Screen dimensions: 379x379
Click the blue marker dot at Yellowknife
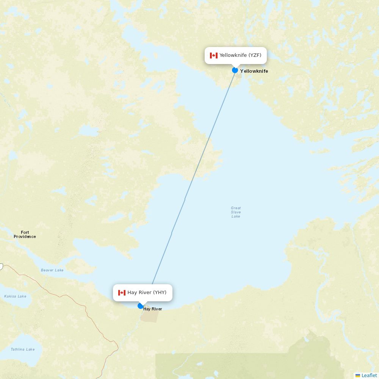pyautogui.click(x=235, y=70)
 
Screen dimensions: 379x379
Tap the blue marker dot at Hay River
pyautogui.click(x=141, y=306)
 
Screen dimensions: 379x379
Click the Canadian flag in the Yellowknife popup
pyautogui.click(x=214, y=55)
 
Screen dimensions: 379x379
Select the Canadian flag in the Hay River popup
pyautogui.click(x=122, y=293)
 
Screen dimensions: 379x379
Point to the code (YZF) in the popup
pyautogui.click(x=255, y=55)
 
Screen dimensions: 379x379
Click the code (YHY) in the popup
pyautogui.click(x=160, y=293)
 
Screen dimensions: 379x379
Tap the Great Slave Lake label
pyautogui.click(x=236, y=212)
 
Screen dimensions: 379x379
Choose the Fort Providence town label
pyautogui.click(x=25, y=235)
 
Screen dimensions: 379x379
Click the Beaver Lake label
pyautogui.click(x=52, y=270)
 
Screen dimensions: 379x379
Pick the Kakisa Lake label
pyautogui.click(x=15, y=296)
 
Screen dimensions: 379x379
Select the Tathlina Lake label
pyautogui.click(x=22, y=349)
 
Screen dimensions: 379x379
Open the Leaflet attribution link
pyautogui.click(x=369, y=375)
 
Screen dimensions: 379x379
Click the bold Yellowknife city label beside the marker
pyautogui.click(x=254, y=71)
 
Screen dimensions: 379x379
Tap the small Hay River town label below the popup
pyautogui.click(x=153, y=309)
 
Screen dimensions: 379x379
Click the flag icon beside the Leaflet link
pyautogui.click(x=358, y=375)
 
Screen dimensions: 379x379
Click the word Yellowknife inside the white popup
pyautogui.click(x=233, y=55)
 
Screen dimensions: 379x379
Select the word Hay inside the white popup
pyautogui.click(x=132, y=293)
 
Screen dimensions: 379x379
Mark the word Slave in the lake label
pyautogui.click(x=236, y=212)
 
